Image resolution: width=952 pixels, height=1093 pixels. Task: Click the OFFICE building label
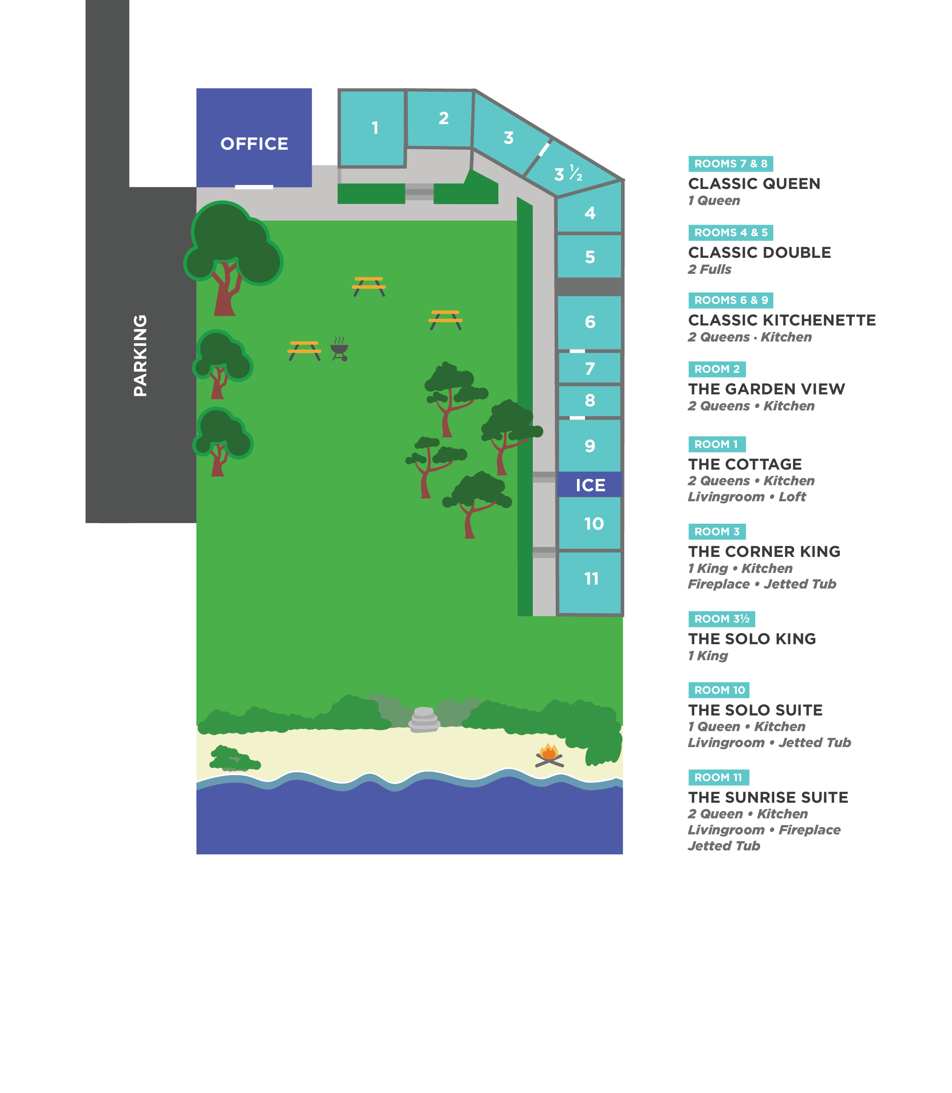(254, 143)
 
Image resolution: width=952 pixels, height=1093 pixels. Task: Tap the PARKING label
(140, 356)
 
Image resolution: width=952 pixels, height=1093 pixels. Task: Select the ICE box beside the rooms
(590, 485)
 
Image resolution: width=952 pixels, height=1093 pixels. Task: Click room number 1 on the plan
(375, 128)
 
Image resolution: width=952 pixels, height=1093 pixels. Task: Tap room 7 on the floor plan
(590, 368)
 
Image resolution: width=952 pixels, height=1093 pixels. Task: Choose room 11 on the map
(591, 578)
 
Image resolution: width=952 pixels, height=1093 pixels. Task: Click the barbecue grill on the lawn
(339, 349)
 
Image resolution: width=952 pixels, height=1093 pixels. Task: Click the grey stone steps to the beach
(424, 719)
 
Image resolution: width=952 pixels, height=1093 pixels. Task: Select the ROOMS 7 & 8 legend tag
(730, 163)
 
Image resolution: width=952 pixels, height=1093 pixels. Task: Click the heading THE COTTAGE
(745, 464)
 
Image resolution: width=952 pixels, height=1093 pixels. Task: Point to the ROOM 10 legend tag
(719, 690)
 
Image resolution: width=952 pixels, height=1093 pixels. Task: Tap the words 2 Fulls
(709, 269)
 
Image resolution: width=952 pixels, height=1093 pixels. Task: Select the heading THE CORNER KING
(764, 552)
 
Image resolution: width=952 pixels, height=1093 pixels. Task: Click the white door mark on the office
(254, 187)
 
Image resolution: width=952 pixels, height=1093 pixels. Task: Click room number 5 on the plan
(590, 257)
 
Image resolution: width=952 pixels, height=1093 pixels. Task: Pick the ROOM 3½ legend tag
(722, 619)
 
